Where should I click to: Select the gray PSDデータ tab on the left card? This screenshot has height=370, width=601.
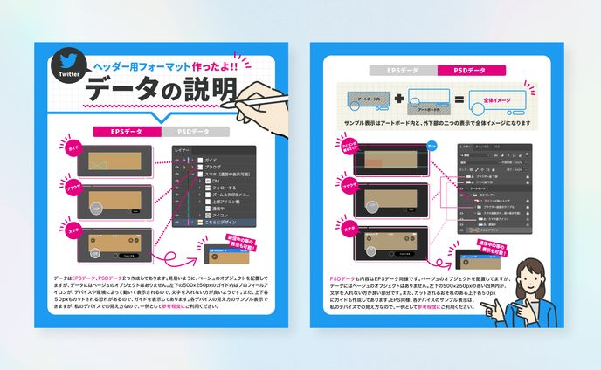point(194,132)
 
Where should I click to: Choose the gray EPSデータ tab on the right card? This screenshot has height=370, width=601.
point(402,70)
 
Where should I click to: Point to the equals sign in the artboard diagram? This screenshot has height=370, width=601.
point(456,100)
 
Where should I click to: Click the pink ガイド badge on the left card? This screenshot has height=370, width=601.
point(75,152)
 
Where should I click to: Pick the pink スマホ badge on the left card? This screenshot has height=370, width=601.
point(73,230)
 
